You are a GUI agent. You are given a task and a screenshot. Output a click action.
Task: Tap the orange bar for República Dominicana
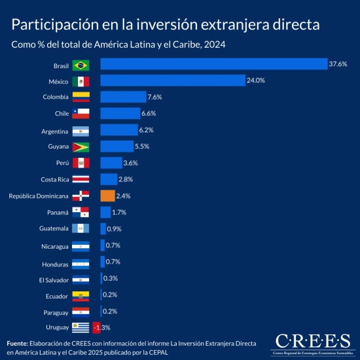pyautogui.click(x=108, y=195)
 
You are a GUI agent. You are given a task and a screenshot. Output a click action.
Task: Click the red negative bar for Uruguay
pyautogui.click(x=97, y=327)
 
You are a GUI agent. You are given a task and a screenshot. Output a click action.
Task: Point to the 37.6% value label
pyautogui.click(x=338, y=64)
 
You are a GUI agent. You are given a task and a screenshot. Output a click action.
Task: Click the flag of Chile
pyautogui.click(x=81, y=114)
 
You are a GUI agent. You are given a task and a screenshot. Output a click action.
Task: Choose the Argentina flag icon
pyautogui.click(x=81, y=130)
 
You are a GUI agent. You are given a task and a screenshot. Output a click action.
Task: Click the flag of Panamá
pyautogui.click(x=81, y=212)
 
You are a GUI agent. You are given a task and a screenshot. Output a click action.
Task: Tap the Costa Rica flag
pyautogui.click(x=81, y=179)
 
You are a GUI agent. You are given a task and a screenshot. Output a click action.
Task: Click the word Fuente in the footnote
pyautogui.click(x=17, y=343)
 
